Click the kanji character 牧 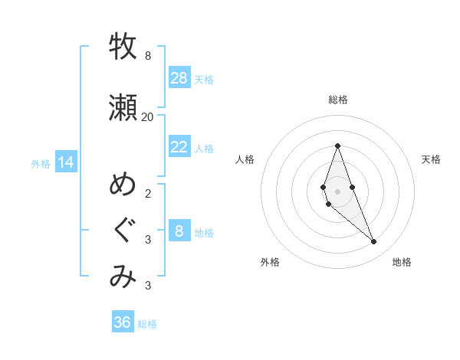click(123, 47)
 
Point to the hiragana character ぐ click(123, 231)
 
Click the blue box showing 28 click(179, 77)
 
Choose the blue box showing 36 click(123, 322)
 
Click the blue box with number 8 click(179, 231)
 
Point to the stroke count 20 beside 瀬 click(148, 116)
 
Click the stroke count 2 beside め click(148, 193)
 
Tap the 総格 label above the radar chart click(337, 100)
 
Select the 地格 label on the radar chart click(402, 262)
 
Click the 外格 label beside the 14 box click(40, 163)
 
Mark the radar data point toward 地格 click(374, 241)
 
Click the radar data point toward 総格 click(337, 146)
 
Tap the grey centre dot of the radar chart click(337, 191)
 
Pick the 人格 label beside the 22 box click(204, 148)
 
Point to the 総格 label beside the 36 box click(147, 324)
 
